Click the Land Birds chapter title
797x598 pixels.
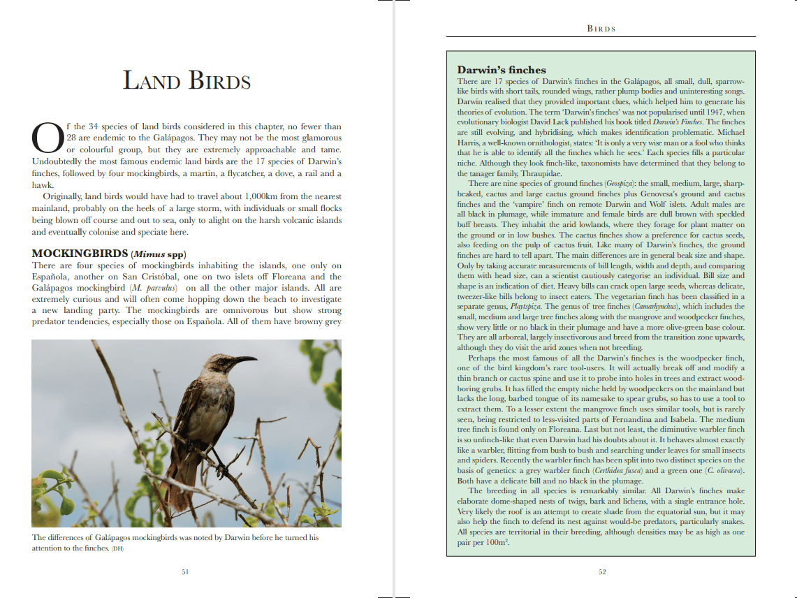(x=187, y=80)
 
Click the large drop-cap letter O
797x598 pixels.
(x=47, y=138)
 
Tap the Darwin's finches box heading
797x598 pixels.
(x=501, y=70)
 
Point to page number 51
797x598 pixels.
(x=185, y=571)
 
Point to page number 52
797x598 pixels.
(x=602, y=572)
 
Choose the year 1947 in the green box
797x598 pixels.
(x=712, y=112)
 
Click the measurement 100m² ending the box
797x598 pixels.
(x=495, y=543)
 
